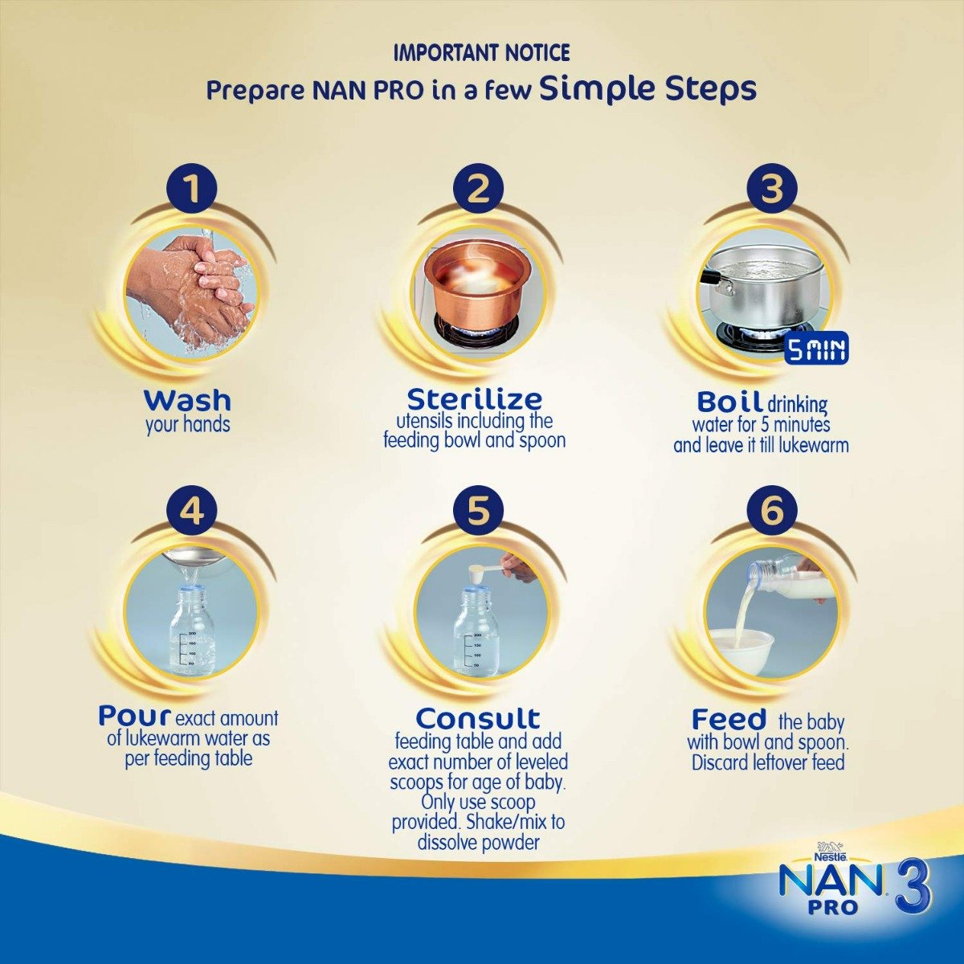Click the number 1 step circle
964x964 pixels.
click(x=191, y=190)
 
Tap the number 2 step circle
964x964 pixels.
click(x=479, y=190)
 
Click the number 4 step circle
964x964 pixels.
click(x=191, y=509)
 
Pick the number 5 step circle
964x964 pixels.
click(x=479, y=509)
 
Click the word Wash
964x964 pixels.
click(x=187, y=400)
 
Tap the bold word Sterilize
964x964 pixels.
click(x=474, y=398)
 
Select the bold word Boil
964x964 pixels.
click(x=729, y=401)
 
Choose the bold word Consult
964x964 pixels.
click(x=478, y=717)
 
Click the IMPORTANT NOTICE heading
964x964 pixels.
click(x=481, y=54)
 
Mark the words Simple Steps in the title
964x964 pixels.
click(x=647, y=88)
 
